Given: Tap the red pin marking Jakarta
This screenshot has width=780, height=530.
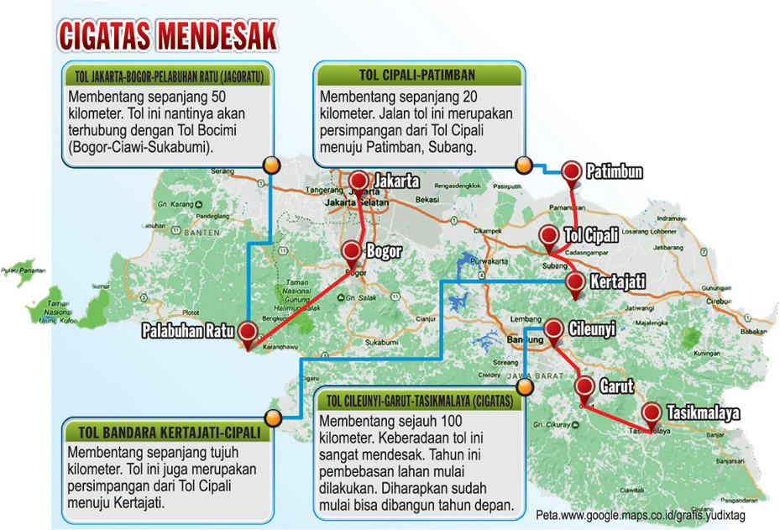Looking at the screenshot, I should (x=359, y=181).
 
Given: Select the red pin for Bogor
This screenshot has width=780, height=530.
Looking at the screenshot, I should (x=352, y=251).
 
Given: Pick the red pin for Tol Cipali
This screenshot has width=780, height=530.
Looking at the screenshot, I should (x=549, y=236).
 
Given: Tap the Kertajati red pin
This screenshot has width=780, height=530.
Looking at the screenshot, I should (x=575, y=282).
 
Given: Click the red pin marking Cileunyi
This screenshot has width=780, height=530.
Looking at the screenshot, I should (x=554, y=329).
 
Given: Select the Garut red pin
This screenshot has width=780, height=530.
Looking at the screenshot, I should (x=586, y=387).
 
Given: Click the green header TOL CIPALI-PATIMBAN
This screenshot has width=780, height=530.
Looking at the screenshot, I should (x=417, y=74).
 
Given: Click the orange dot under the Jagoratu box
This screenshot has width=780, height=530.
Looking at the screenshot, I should (x=270, y=164).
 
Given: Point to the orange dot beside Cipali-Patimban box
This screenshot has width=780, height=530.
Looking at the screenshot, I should (x=522, y=165).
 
